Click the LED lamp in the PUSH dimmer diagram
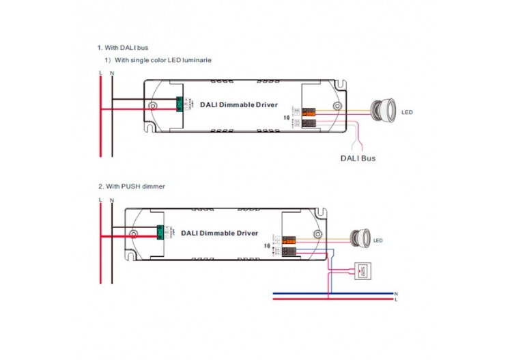click(359, 238)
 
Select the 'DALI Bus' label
click(358, 158)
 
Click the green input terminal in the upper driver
click(182, 105)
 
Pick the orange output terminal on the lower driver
click(289, 239)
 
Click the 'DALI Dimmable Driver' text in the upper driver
click(239, 105)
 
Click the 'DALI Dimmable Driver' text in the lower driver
click(219, 233)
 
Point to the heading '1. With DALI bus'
click(122, 48)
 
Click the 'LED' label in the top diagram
click(407, 112)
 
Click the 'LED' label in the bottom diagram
click(378, 240)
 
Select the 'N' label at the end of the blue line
click(395, 294)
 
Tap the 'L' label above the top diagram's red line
click(100, 72)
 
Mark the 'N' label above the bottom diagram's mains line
click(112, 199)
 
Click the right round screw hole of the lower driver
click(317, 234)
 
